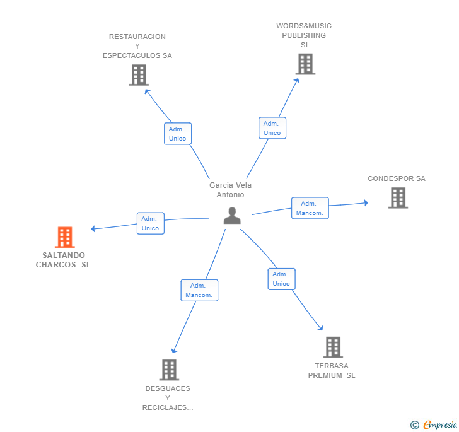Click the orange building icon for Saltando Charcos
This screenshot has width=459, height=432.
click(x=65, y=237)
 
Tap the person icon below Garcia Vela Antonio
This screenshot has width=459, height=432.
click(x=232, y=216)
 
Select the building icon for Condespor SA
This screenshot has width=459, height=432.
click(x=398, y=198)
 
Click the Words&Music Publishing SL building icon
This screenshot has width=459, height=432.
click(x=305, y=64)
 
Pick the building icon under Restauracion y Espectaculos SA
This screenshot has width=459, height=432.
click(x=139, y=75)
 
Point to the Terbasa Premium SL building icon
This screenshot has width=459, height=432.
click(x=333, y=347)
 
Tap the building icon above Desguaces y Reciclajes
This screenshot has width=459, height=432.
click(x=169, y=370)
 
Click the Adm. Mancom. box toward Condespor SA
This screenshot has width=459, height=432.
click(x=310, y=208)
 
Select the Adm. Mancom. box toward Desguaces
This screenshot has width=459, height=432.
click(x=199, y=290)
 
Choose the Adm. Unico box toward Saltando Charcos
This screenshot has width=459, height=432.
click(x=151, y=223)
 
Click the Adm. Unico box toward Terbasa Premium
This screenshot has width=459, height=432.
click(x=281, y=279)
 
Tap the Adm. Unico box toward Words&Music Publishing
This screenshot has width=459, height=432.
click(x=272, y=128)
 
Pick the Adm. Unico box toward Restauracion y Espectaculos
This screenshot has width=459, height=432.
click(x=178, y=134)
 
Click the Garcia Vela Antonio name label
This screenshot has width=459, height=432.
click(x=230, y=190)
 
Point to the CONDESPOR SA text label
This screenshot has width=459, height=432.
click(x=397, y=178)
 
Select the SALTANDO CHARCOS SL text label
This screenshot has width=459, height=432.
click(x=63, y=260)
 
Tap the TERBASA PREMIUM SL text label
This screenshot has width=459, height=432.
click(x=332, y=370)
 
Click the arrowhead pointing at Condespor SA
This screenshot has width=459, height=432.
click(x=366, y=202)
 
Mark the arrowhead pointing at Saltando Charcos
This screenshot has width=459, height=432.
click(x=93, y=228)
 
